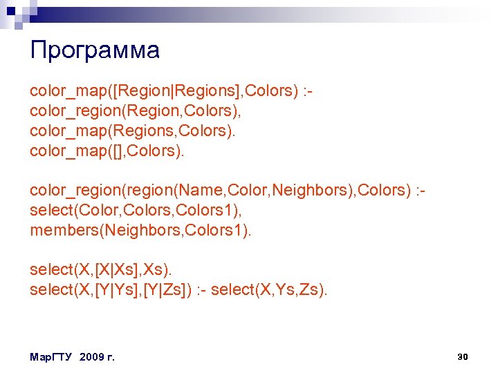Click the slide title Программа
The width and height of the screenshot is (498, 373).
point(95,50)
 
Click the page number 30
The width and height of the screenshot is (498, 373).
point(463,356)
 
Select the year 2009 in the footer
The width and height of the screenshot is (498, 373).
point(92,357)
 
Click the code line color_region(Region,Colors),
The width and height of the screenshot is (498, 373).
point(139,111)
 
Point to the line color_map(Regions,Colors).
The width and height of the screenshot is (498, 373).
point(132,131)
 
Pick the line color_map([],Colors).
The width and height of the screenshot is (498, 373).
point(107,151)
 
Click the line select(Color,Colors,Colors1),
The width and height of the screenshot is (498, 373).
point(139,210)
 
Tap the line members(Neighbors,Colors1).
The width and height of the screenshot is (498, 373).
point(140,230)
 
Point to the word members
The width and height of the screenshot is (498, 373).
point(65,230)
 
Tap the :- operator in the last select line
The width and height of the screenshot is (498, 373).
point(200,290)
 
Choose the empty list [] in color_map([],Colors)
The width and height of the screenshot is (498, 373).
point(112,151)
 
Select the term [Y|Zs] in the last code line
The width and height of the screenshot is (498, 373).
point(167,290)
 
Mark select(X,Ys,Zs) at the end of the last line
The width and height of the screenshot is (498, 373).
point(268,290)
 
